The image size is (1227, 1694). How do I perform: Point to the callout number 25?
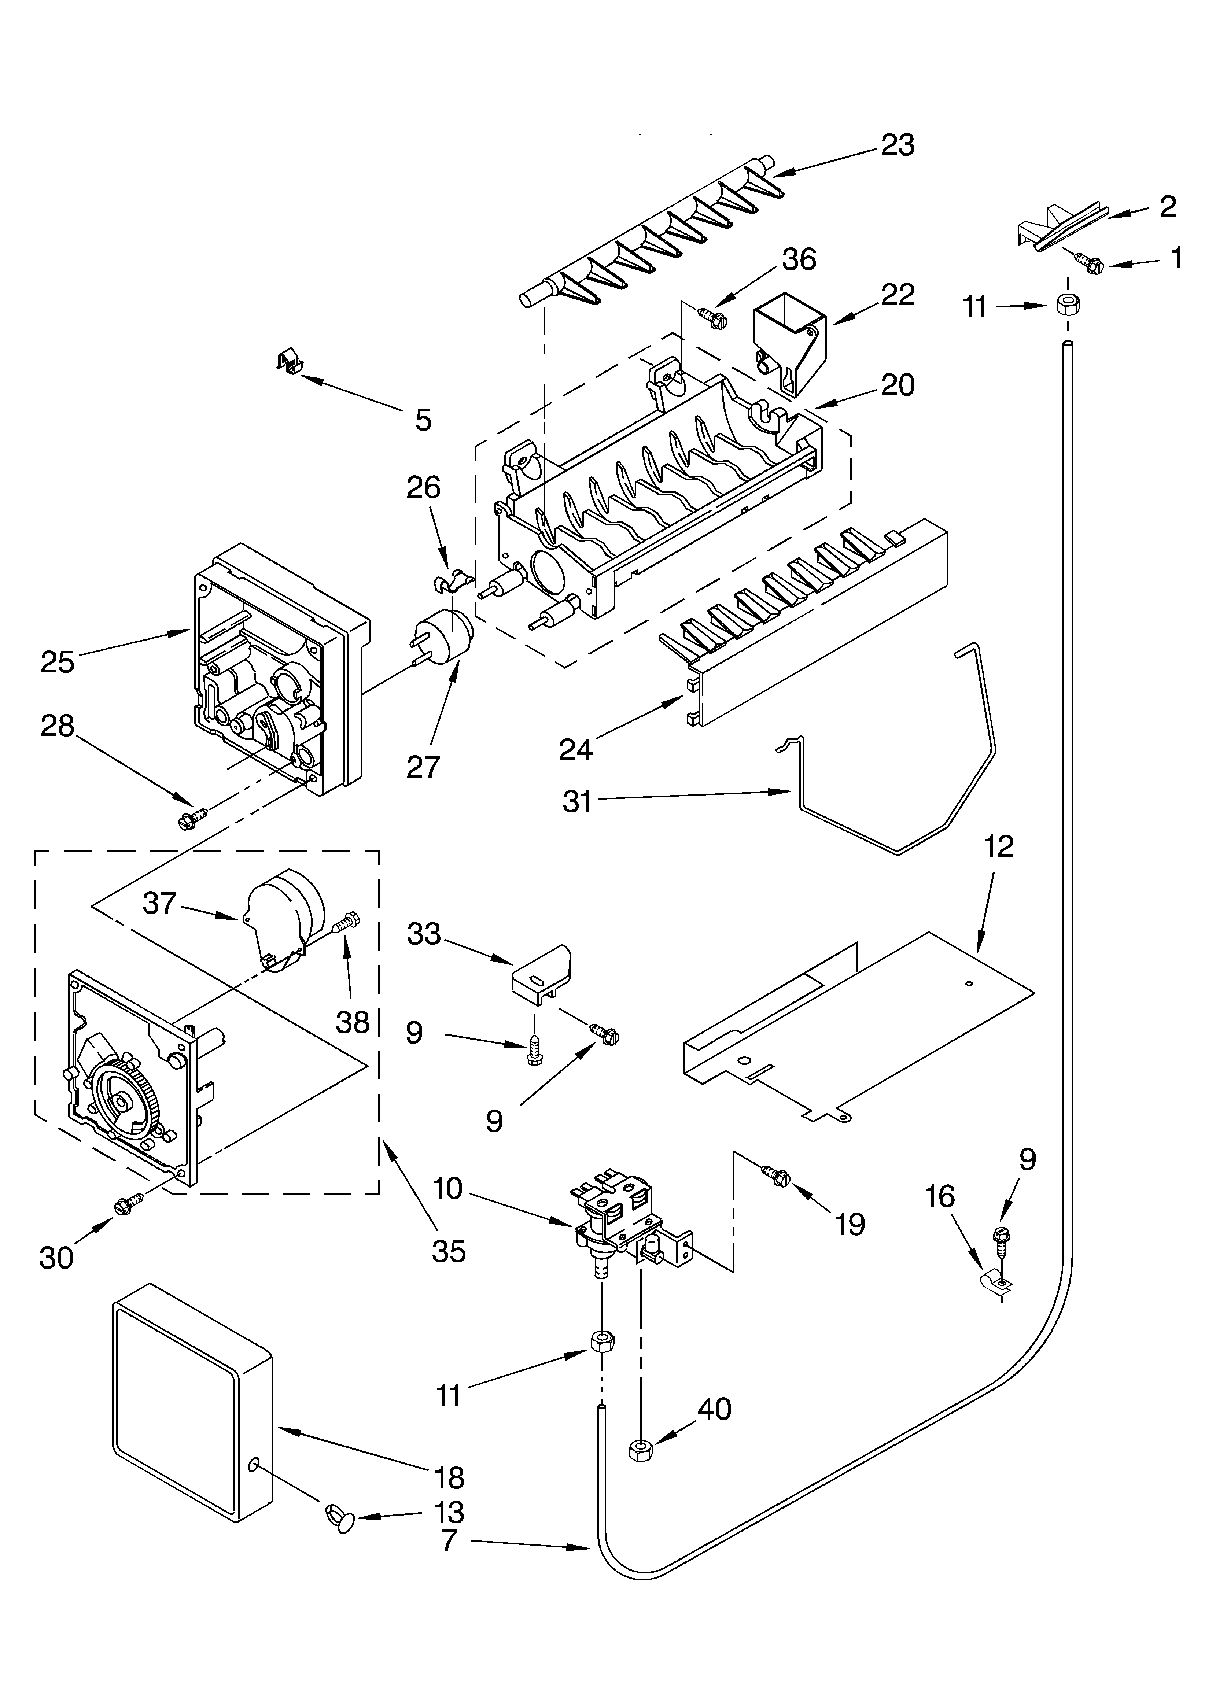pos(58,662)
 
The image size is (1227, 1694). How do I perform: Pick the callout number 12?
pos(999,846)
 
